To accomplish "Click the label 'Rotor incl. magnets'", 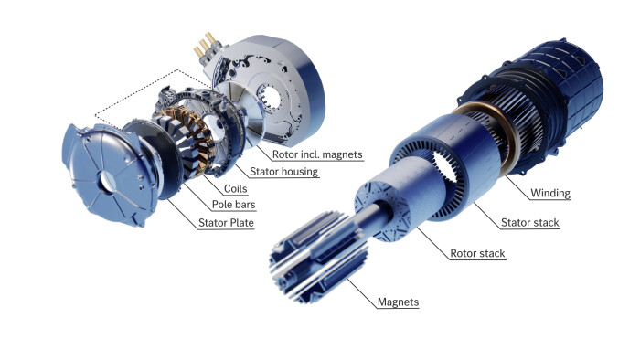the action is [317, 154].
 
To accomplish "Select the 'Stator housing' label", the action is [283, 172].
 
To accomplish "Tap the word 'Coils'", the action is [236, 189].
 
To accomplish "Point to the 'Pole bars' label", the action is [233, 205].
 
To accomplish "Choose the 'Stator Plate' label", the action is [226, 223].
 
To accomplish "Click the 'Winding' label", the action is [550, 193].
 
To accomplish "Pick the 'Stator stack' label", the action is [529, 223].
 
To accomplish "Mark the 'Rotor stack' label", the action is [477, 253].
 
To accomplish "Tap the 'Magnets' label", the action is [398, 302].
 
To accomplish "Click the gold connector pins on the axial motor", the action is [204, 46].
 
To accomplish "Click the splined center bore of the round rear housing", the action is [270, 100].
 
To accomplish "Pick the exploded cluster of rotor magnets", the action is [317, 258].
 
